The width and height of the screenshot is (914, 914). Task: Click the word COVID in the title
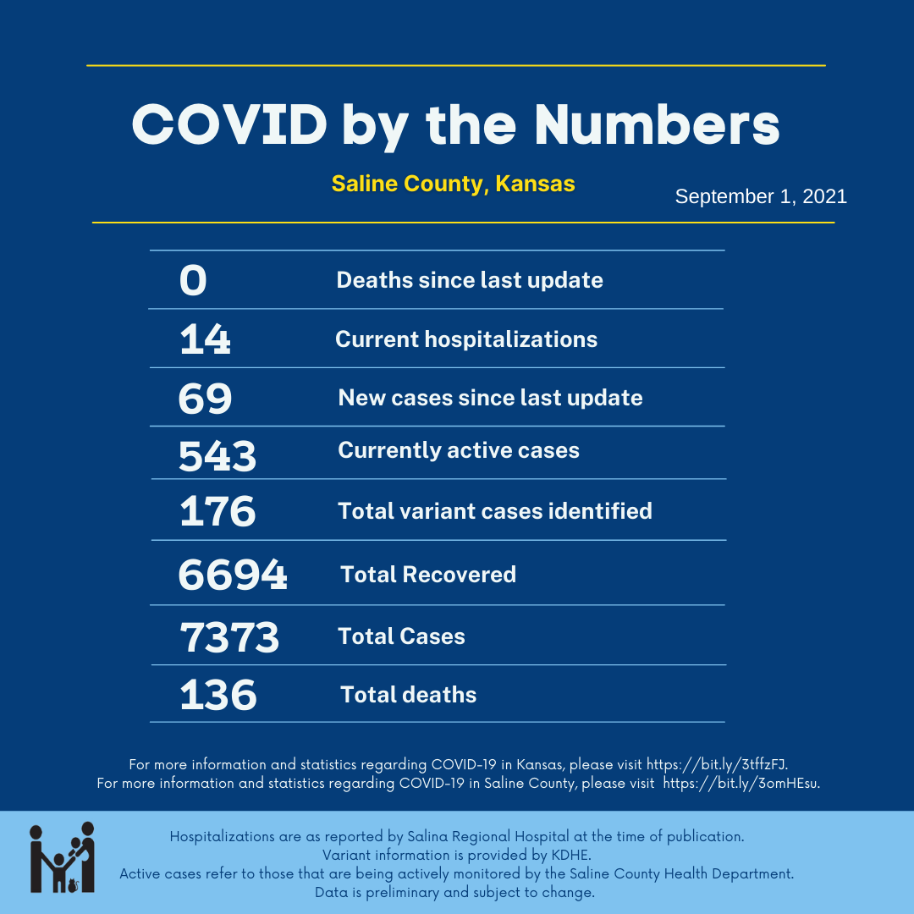click(x=229, y=124)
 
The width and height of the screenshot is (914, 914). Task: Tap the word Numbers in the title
click(x=656, y=124)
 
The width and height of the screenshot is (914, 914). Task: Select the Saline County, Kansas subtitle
click(x=453, y=184)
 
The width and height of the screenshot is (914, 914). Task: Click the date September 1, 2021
click(x=761, y=196)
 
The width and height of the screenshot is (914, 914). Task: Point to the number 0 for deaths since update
click(x=193, y=280)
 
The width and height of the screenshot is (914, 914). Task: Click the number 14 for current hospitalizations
click(x=205, y=339)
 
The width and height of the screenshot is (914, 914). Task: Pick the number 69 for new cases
click(x=205, y=398)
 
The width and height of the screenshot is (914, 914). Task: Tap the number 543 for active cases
click(x=217, y=455)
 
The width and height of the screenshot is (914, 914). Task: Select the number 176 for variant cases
click(x=217, y=511)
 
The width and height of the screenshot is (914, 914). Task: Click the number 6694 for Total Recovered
click(x=233, y=575)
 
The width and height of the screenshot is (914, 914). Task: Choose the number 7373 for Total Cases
click(x=229, y=636)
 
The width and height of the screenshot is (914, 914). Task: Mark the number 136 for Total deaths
click(x=217, y=695)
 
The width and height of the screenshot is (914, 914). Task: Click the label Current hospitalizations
click(x=466, y=339)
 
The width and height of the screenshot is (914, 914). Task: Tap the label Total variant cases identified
click(x=495, y=511)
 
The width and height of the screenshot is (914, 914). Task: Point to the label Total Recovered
click(x=428, y=575)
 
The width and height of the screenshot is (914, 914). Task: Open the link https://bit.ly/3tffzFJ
click(x=718, y=764)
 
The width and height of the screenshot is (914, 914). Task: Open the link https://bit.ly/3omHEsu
click(x=741, y=783)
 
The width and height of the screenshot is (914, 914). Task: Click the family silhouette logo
click(x=62, y=856)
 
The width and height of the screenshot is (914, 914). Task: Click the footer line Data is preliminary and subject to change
click(x=455, y=892)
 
